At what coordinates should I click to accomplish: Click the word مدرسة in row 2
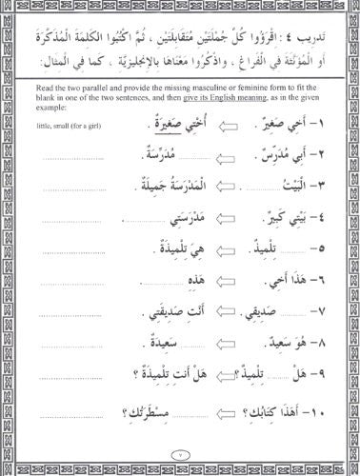(152, 159)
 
